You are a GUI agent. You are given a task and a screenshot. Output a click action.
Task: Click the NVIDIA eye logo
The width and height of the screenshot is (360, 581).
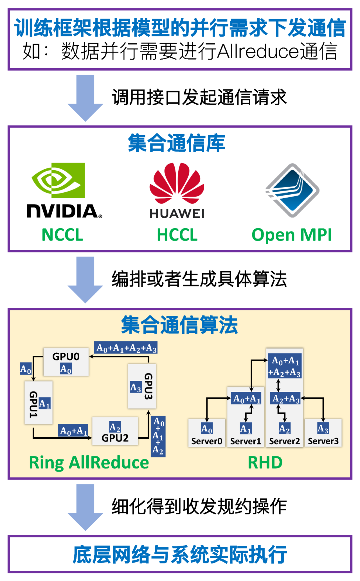59,180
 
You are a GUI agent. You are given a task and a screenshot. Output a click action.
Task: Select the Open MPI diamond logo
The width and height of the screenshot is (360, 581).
292,190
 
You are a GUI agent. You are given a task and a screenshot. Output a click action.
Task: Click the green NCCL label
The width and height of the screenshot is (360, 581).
62,235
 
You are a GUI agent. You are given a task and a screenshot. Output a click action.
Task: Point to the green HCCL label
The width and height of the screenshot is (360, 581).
177,235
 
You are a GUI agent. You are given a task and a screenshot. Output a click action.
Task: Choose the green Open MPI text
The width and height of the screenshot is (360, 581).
292,235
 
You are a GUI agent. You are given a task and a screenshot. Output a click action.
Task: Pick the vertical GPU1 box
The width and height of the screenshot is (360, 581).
38,403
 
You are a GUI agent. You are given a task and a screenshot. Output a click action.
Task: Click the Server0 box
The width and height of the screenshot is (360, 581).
207,433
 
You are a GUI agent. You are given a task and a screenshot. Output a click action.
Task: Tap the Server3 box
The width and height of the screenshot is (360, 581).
323,433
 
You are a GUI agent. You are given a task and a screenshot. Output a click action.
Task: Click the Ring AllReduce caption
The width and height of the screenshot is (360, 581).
89,463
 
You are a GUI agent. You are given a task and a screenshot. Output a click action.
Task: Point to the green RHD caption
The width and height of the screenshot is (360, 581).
265,463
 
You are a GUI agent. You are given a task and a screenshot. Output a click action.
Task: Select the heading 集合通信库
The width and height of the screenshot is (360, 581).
177,143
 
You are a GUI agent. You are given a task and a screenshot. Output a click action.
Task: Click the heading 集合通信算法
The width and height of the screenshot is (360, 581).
179,325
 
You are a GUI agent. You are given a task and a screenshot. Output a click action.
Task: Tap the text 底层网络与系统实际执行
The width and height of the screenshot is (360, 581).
180,555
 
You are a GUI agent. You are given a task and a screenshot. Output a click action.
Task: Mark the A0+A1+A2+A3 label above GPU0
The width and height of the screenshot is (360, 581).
126,348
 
